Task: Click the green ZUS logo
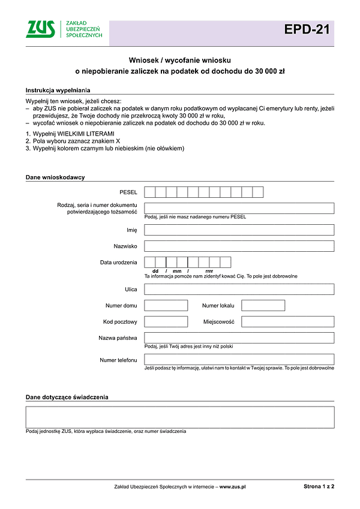click(x=41, y=29)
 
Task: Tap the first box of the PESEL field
click(x=150, y=192)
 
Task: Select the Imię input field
click(x=239, y=230)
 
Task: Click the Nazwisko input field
click(x=239, y=246)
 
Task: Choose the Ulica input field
click(x=239, y=289)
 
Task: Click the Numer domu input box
click(x=166, y=305)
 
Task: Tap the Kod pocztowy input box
click(x=166, y=321)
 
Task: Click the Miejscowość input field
click(x=287, y=321)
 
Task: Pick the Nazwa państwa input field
click(x=239, y=338)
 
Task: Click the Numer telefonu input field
click(x=239, y=359)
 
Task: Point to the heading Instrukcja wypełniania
click(x=57, y=90)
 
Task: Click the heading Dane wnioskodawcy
click(x=55, y=177)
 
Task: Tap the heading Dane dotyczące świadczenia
click(x=67, y=397)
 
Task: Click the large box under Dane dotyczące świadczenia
click(x=180, y=417)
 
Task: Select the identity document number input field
click(x=239, y=208)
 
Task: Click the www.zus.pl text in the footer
click(x=233, y=487)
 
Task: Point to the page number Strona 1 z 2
click(x=319, y=487)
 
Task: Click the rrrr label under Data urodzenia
click(x=209, y=271)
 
